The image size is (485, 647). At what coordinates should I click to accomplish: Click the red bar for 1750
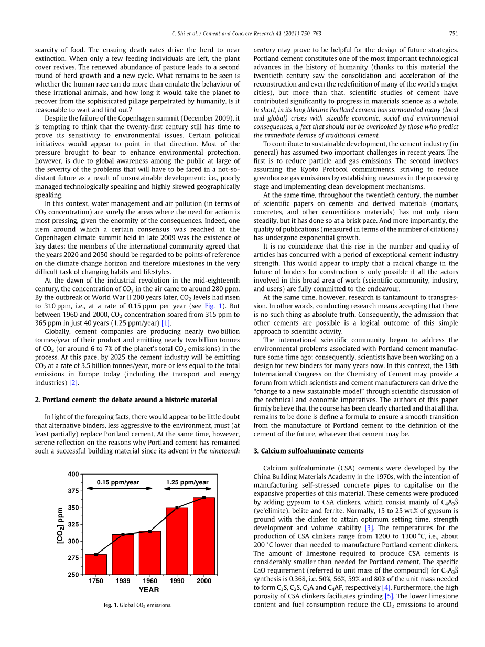pos(96,564)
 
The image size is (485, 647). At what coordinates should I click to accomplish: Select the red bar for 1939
pos(123,554)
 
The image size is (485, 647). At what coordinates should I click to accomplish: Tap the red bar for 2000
pos(204,536)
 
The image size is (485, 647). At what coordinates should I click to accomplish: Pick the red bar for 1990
pos(177,541)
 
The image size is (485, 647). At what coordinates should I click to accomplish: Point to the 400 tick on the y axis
pos(73,474)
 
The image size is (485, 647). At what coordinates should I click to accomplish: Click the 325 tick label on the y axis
pos(73,524)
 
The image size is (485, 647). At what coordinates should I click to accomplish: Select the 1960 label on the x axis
pos(150,581)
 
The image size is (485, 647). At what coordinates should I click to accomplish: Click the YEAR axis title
pos(149,590)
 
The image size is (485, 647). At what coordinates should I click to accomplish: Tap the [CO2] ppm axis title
pos(60,524)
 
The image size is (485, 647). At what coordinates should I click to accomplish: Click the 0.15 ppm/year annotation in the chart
pos(118,482)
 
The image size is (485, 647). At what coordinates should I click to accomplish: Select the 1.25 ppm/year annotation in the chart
pos(187,482)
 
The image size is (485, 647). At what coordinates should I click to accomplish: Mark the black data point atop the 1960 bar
pos(150,531)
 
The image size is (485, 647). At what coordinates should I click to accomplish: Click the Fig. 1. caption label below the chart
pos(111,605)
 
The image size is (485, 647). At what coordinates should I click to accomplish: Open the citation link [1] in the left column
pos(166,323)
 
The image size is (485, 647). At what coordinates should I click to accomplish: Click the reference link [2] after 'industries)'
pos(74,383)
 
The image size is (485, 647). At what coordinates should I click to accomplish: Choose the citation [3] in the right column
pos(369,528)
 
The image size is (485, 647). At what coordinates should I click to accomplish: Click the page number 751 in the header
pos(454,34)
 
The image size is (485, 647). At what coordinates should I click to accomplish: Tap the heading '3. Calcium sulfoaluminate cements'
pos(308,451)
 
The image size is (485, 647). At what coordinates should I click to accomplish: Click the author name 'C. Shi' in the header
pos(179,34)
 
